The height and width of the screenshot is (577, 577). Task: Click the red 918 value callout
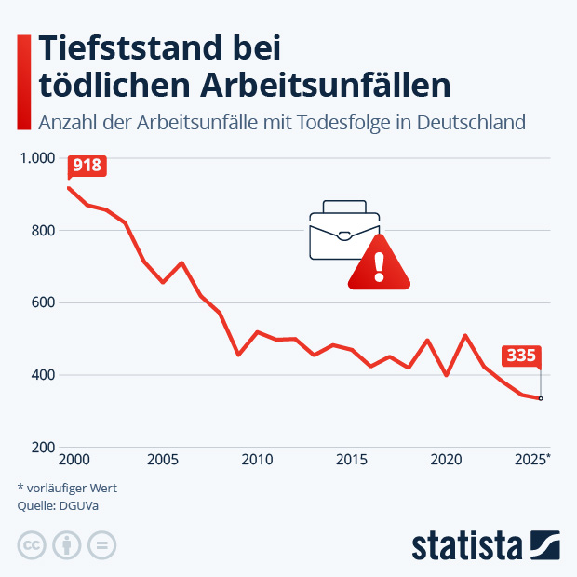coord(87,166)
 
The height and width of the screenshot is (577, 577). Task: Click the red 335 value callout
coord(521,355)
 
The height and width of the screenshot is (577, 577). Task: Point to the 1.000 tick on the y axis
coord(38,158)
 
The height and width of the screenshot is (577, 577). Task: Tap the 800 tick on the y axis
coord(44,231)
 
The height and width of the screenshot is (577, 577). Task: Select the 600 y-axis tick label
coord(44,303)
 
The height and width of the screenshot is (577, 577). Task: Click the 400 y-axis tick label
coord(44,375)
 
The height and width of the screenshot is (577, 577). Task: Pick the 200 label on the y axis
coord(44,448)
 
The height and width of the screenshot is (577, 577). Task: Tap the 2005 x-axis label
coord(163,460)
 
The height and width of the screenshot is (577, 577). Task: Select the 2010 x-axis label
coord(257,460)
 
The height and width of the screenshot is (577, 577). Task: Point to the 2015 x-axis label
coord(351,460)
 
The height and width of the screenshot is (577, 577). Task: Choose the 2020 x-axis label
coord(446,460)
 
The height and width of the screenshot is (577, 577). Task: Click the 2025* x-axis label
coord(533,460)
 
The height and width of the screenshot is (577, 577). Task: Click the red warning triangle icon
coord(379,264)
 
